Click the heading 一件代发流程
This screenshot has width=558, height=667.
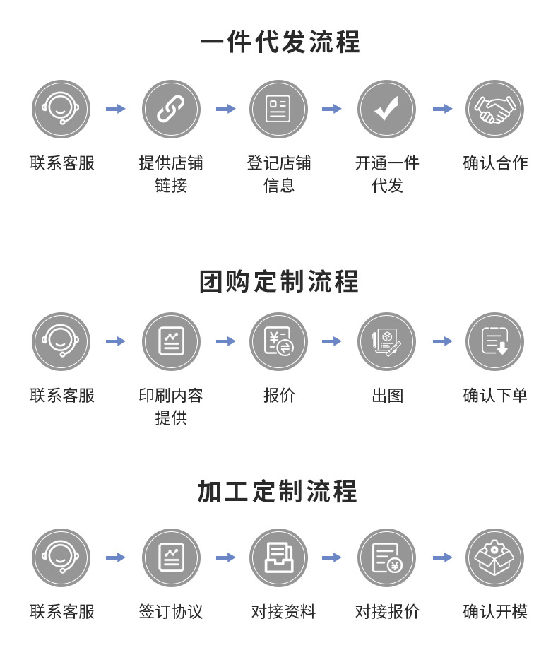(280, 42)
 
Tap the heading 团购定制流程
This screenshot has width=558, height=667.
(280, 281)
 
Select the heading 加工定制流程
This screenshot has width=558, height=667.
(278, 491)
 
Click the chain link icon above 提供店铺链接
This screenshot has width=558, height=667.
(171, 109)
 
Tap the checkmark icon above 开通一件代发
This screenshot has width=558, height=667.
(386, 109)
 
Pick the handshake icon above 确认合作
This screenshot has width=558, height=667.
(494, 109)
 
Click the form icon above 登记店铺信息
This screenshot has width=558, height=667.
(278, 109)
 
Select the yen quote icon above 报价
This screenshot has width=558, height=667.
(278, 341)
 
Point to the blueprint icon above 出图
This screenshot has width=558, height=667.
(386, 341)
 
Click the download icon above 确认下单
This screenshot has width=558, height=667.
(494, 341)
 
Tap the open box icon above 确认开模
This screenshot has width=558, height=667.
(494, 557)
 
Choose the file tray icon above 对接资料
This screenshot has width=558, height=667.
(278, 557)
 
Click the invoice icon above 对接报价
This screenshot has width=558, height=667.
(386, 557)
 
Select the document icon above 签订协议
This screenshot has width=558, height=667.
(171, 557)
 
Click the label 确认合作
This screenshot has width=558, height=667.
(495, 163)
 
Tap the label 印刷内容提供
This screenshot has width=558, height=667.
(171, 406)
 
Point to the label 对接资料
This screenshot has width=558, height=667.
(283, 611)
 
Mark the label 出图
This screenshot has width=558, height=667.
(387, 396)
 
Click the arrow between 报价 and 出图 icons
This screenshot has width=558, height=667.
(332, 341)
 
